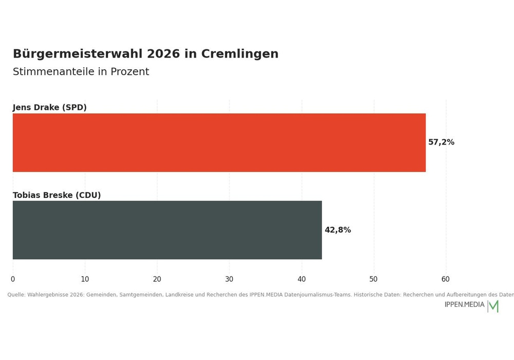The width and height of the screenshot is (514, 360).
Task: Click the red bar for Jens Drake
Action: tap(219, 142)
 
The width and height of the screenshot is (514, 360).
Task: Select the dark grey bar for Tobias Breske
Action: tap(167, 230)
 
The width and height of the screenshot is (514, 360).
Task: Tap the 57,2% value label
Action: tap(441, 142)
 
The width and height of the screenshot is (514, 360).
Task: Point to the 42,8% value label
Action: tap(338, 230)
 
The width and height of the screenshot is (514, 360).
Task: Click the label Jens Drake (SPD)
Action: tap(49, 107)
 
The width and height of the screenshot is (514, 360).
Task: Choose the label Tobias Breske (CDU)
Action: tap(57, 195)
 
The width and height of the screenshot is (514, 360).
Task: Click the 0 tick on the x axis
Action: tap(13, 279)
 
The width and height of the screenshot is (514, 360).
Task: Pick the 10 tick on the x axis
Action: tap(85, 279)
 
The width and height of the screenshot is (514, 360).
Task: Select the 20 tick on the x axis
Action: tap(157, 279)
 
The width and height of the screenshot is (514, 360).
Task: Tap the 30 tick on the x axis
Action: tap(229, 279)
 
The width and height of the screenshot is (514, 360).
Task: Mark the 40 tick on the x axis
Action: tap(302, 279)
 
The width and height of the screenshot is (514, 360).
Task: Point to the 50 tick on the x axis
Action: tap(373, 279)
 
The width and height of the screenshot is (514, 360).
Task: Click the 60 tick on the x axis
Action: tap(446, 279)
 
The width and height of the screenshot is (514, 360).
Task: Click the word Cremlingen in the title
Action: tap(240, 54)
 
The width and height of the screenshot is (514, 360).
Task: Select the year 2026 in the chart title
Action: tap(163, 54)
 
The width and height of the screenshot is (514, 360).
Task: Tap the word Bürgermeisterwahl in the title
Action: tap(78, 54)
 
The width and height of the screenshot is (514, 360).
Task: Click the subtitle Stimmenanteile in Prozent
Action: tap(81, 72)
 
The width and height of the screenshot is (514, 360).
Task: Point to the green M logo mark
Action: tap(493, 307)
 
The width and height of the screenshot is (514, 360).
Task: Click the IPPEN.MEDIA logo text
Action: tap(464, 304)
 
